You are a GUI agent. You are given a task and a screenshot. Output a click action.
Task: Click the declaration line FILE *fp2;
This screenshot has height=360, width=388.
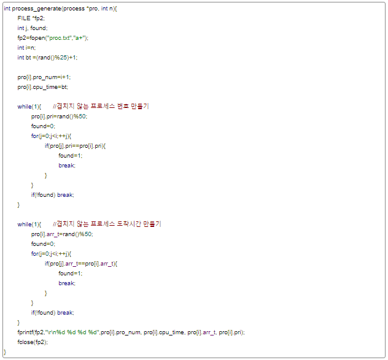pos(30,18)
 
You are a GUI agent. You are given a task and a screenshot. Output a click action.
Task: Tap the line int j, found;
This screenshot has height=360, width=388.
pos(33,28)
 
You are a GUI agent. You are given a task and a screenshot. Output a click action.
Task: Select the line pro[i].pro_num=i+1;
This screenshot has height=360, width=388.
pos(44,77)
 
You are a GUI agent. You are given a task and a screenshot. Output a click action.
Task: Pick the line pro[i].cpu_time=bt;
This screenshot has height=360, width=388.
pos(42,87)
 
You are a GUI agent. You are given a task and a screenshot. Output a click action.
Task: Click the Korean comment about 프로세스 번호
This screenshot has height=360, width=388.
pos(101,107)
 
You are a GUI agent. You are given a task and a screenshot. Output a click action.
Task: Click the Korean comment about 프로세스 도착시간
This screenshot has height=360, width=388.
pos(107,224)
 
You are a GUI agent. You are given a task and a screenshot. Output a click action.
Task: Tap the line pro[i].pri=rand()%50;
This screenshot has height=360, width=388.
pos(60,117)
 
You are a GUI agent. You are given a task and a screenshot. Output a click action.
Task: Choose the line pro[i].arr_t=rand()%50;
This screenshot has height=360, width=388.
pos(63,234)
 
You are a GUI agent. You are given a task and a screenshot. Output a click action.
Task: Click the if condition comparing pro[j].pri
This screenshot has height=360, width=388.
pos(76,146)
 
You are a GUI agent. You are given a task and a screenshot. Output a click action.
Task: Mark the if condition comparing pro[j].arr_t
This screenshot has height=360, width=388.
pos(81,264)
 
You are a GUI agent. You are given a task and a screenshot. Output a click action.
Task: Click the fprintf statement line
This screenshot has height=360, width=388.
pos(131,332)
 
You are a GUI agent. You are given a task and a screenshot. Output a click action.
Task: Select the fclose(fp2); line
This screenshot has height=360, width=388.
pos(33,342)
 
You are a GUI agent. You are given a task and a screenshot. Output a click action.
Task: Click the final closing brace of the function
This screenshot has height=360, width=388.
pos(5,352)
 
